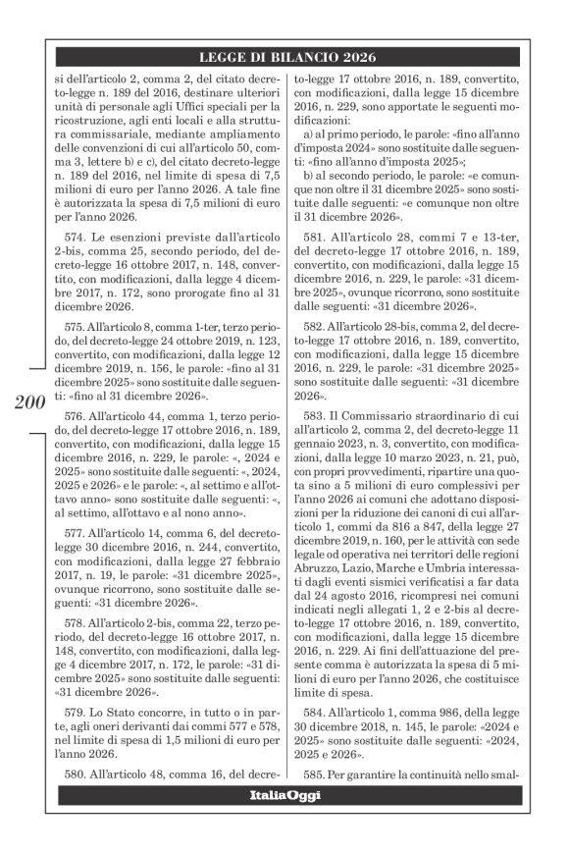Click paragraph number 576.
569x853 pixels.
[75, 416]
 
